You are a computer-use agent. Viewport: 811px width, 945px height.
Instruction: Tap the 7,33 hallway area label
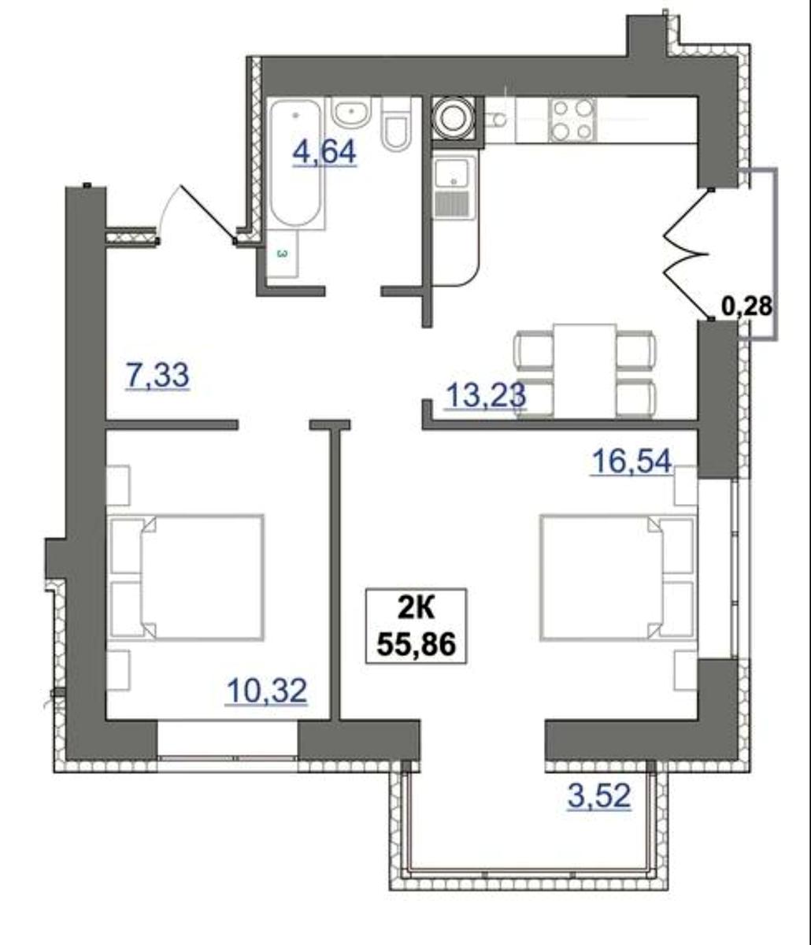(157, 376)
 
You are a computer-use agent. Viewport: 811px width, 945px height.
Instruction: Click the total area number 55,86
(416, 645)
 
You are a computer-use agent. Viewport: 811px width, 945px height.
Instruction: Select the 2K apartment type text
(416, 609)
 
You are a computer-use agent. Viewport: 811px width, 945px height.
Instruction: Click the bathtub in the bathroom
(296, 163)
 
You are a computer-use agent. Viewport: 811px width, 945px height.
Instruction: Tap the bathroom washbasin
(351, 113)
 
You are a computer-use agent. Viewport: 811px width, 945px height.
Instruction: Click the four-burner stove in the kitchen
(572, 120)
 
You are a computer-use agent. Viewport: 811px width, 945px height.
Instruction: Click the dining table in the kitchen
(584, 371)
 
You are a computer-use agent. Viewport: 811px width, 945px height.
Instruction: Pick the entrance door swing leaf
(208, 213)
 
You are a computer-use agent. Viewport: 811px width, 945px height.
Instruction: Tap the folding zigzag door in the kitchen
(687, 253)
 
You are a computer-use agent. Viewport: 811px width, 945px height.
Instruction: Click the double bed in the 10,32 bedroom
(186, 577)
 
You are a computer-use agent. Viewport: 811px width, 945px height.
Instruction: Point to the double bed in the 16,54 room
(618, 577)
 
